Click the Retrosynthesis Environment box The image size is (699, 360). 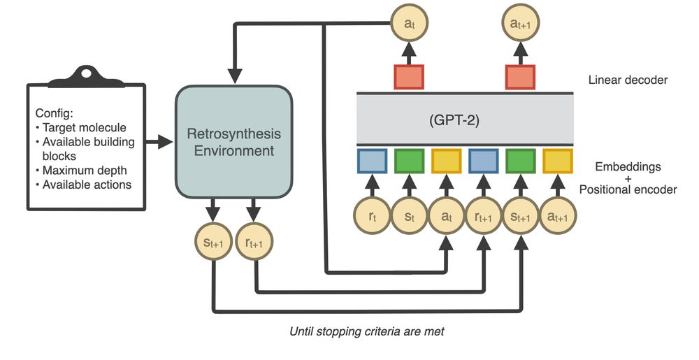[233, 141]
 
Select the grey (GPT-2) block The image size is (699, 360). [465, 119]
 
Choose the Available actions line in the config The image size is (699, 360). [87, 185]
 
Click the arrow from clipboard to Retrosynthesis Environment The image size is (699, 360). [159, 143]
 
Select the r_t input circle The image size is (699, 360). [371, 217]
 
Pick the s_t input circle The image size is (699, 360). [409, 217]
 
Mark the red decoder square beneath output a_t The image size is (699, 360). [408, 76]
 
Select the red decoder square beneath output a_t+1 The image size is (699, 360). [521, 76]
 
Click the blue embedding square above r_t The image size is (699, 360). [371, 161]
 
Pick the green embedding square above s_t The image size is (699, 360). [409, 161]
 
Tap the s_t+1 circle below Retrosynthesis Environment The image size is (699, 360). [213, 243]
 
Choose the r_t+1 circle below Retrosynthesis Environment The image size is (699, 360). [254, 243]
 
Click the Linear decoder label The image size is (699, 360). [628, 80]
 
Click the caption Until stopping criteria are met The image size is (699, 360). [366, 331]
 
